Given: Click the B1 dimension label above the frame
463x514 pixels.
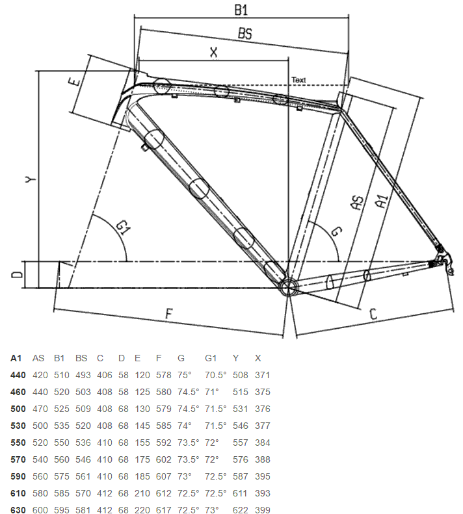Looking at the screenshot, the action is (241, 10).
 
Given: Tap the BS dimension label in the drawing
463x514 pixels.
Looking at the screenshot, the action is (245, 33).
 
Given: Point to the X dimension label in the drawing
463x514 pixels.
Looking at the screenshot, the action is (213, 52).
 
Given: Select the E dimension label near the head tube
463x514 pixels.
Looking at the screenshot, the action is (75, 81).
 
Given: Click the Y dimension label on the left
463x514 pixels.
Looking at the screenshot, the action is (31, 179).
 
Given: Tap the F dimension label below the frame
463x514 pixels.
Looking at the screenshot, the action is (168, 314).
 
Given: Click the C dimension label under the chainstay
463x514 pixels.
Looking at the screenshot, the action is (373, 314).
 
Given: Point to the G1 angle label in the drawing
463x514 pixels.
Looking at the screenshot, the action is (124, 227).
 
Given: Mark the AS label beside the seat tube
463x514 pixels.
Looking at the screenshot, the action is (358, 202).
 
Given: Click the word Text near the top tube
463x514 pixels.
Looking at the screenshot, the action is (298, 80).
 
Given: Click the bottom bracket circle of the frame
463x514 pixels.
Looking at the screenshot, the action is (288, 287).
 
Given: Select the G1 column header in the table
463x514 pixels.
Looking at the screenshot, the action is (211, 358).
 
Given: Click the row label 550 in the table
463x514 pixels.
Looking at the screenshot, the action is (18, 443).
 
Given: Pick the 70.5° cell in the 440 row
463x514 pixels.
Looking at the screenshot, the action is (216, 375).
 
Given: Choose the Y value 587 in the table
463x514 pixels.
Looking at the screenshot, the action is (240, 476).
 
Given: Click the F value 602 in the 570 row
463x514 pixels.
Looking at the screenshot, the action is (164, 459).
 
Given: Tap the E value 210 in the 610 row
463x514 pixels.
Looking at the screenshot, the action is (142, 493).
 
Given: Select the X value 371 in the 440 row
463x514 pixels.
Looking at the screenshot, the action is (263, 375).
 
